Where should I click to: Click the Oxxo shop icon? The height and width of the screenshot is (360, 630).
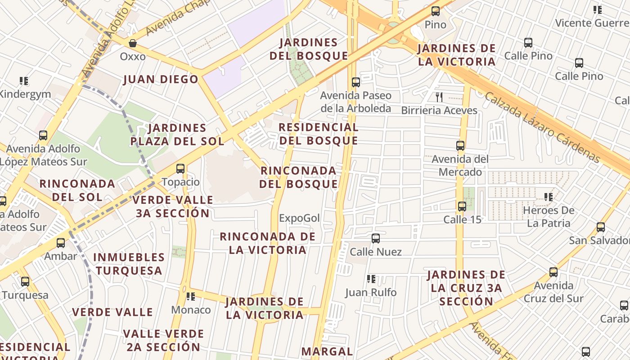point(133,43)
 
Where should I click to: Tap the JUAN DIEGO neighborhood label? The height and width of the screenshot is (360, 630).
point(161,80)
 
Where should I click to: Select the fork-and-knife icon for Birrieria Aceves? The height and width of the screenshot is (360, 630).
point(439,97)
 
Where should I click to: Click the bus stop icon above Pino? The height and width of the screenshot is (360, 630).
point(435,11)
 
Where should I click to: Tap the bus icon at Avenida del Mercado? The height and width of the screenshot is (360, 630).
point(460,146)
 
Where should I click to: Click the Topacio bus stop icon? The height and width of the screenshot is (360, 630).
point(180,169)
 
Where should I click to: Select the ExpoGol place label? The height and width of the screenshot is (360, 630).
point(299,218)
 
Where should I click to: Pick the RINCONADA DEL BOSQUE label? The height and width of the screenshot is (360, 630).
point(298,177)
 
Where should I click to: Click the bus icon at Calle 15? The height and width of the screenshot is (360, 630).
point(462,207)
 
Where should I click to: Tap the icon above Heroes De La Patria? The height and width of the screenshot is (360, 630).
point(548,197)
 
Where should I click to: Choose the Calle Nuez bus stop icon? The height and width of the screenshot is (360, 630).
point(375,238)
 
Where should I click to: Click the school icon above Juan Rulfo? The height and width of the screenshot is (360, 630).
point(371,279)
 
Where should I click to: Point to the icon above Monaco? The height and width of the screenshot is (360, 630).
point(191,296)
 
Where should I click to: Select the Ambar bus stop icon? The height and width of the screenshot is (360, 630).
point(60,243)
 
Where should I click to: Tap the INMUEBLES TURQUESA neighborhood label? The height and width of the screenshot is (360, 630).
point(129,264)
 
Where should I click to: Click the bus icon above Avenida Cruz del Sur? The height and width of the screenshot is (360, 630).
point(553,272)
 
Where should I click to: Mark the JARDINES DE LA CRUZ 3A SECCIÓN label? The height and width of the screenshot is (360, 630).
point(466,288)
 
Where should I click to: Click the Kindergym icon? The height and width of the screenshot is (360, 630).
point(24,81)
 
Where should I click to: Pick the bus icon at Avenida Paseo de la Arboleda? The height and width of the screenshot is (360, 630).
point(355,82)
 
